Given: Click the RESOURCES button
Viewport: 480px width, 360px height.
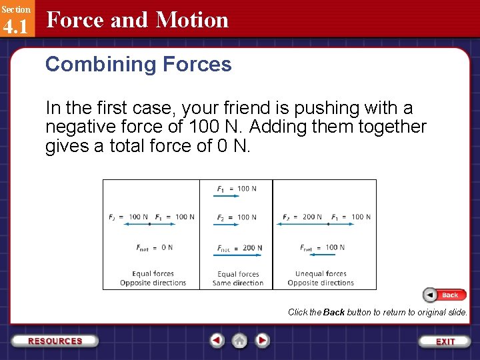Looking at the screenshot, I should coord(55,341).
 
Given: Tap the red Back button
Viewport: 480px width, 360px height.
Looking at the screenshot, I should coord(445,295).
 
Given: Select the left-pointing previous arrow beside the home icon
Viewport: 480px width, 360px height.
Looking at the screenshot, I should coord(217,341).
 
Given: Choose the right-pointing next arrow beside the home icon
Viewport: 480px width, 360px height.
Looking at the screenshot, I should coord(263,341).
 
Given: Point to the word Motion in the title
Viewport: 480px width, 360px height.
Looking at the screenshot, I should coord(191,20).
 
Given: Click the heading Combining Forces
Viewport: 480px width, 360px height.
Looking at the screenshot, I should coord(138,64).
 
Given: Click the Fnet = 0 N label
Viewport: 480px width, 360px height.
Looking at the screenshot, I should coord(154,247).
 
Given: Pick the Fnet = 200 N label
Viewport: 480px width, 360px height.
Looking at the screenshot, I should coord(239,248).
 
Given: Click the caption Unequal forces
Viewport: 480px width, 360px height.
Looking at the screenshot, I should coord(321,273).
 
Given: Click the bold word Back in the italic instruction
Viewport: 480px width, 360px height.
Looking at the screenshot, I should coord(333,312).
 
